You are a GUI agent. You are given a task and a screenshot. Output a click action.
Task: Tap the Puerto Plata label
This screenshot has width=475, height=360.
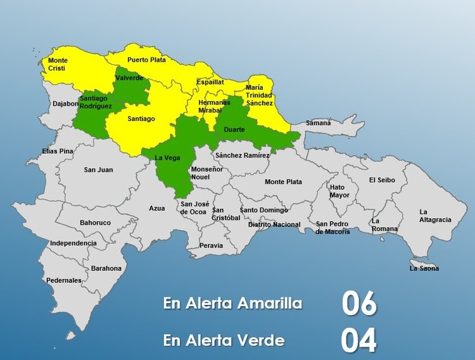146,60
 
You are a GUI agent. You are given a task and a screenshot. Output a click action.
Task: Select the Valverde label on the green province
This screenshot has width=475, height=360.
129,78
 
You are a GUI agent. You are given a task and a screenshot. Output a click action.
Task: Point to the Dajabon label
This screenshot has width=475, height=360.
65,103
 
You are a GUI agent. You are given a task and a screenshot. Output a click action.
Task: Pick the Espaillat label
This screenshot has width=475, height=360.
210,82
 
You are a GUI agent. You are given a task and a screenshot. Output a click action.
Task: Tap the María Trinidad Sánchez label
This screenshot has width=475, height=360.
260,95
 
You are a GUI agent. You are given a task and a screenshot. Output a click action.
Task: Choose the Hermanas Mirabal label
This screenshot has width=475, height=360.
213,106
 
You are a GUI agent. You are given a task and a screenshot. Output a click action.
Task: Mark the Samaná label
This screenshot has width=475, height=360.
319,123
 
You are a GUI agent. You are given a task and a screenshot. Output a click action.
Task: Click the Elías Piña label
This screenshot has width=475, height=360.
58,151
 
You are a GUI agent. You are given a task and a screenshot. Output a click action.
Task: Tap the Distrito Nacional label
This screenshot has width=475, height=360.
274,225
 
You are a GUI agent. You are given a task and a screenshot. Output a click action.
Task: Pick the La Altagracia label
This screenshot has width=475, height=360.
435,216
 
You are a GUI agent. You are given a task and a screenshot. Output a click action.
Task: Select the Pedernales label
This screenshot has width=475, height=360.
63,280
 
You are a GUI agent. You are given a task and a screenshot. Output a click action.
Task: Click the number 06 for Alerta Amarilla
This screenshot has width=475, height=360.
359,304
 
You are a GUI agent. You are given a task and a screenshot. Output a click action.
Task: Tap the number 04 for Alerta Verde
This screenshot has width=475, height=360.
359,340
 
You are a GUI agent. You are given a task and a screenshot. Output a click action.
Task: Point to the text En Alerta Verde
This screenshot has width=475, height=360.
224,340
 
